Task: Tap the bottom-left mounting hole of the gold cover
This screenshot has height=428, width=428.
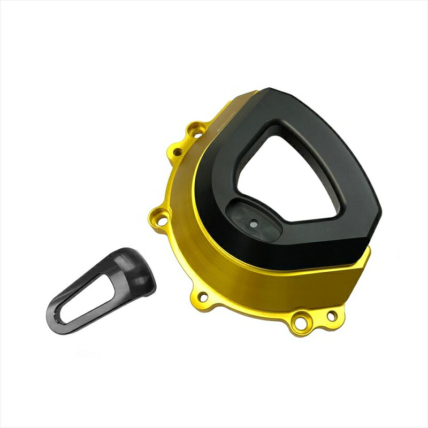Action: [x=202, y=296]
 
